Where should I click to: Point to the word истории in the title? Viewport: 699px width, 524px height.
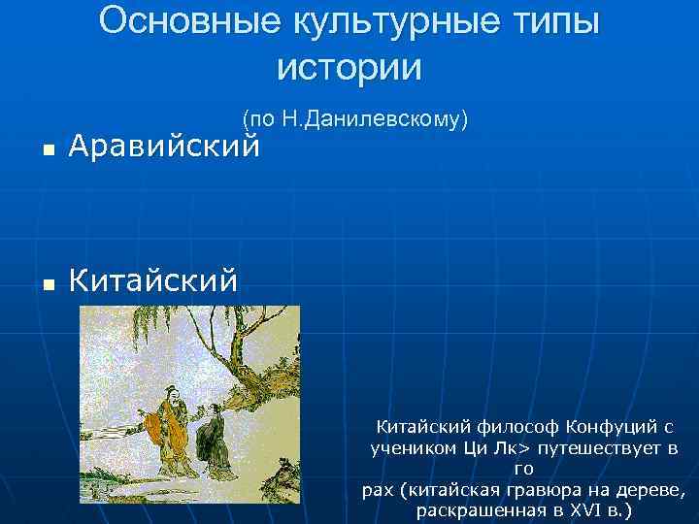349,67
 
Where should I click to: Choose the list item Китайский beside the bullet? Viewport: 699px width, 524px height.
153,281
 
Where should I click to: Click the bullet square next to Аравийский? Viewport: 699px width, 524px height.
47,150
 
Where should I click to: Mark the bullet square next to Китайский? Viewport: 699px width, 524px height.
47,284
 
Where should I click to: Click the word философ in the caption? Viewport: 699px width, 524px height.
518,427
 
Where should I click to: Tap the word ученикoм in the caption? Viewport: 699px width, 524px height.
409,448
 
